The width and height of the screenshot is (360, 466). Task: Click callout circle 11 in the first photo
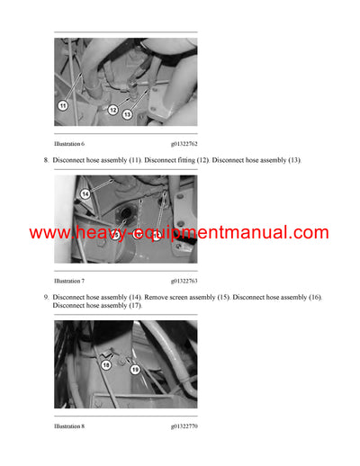[x=63, y=105]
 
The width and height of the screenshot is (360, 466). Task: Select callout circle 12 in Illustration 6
[x=112, y=110]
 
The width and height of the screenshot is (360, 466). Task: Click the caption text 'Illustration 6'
[x=69, y=143]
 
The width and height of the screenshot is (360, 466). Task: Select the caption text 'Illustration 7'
[x=69, y=282]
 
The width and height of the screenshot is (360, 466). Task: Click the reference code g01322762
[x=184, y=143]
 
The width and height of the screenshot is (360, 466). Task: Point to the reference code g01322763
[x=184, y=282]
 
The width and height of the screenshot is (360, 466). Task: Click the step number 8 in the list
[x=45, y=160]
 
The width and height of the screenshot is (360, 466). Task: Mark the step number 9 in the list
[x=45, y=297]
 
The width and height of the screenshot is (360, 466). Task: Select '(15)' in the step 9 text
[x=215, y=297]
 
